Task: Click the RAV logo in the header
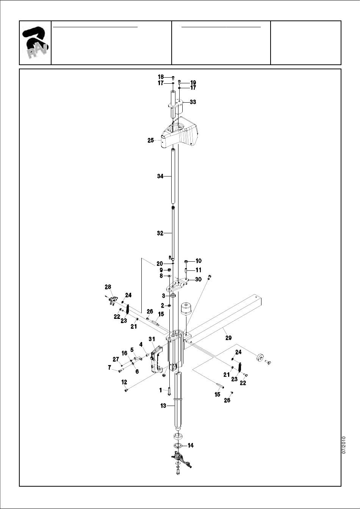tap(35, 42)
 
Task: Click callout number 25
tap(150, 141)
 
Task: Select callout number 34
tap(160, 176)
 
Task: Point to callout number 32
tap(160, 233)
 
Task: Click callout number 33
tap(193, 102)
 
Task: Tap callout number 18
tap(161, 77)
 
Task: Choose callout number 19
tap(193, 83)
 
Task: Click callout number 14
tap(191, 446)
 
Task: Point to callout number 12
tap(124, 382)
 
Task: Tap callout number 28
tap(108, 287)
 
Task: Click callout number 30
tap(198, 279)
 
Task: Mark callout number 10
tap(199, 261)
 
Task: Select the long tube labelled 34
tap(173, 176)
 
